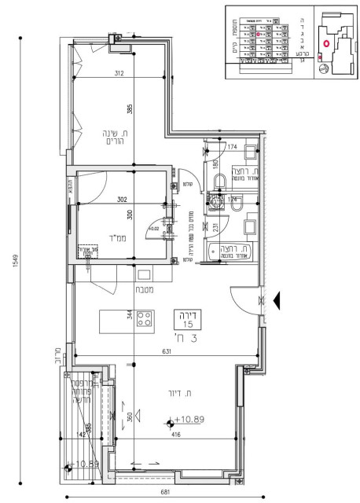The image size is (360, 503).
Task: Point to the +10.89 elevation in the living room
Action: tap(188, 420)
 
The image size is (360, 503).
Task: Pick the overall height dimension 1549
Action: tap(13, 259)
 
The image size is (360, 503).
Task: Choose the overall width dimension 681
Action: tap(164, 492)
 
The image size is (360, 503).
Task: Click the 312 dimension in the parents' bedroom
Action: tap(119, 75)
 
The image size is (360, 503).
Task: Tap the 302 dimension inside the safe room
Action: tap(122, 200)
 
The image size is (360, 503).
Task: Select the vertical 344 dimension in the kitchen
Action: tap(130, 317)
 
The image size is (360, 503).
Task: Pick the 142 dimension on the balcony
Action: tap(80, 433)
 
